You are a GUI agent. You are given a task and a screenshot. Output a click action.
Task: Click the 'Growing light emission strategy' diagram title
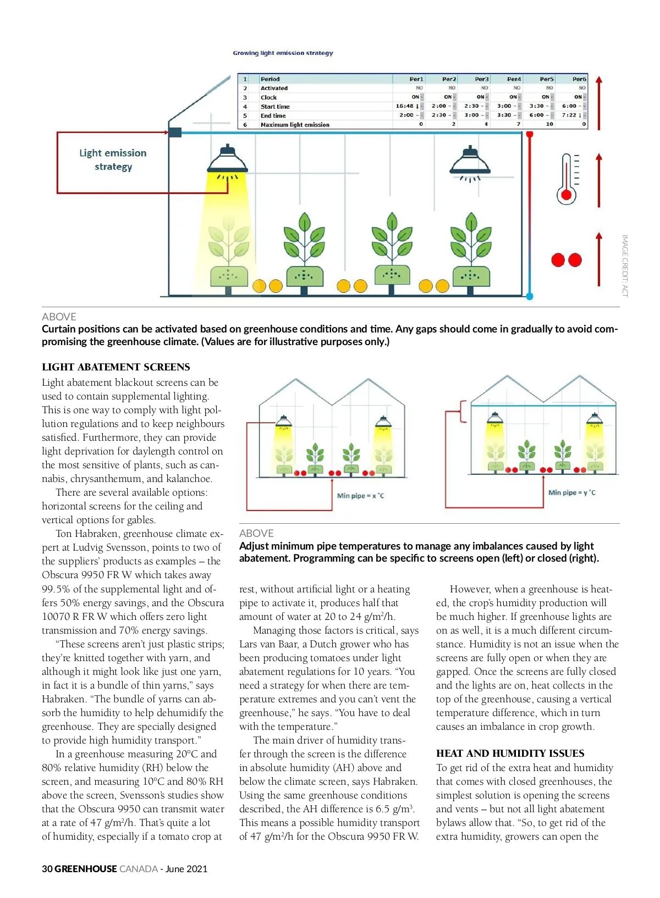283,53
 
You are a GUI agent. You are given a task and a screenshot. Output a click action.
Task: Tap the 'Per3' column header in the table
481,79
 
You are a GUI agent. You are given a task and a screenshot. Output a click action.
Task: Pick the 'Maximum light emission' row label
295,125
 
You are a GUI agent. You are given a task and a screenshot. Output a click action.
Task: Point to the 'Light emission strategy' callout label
113,159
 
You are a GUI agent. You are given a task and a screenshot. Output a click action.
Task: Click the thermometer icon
566,179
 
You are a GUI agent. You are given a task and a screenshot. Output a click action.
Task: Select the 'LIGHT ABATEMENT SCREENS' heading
116,367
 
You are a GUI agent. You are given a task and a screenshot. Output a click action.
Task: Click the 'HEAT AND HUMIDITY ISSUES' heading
510,753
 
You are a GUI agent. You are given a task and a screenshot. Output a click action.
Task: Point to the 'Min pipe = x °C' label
360,496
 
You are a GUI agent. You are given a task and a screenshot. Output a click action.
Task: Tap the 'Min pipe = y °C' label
571,492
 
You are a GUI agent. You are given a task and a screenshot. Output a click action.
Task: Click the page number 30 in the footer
47,869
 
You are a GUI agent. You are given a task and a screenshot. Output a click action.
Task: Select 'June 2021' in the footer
186,869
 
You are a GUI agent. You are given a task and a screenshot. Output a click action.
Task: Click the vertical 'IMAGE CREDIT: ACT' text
625,266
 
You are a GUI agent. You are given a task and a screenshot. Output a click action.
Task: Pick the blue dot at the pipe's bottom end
530,296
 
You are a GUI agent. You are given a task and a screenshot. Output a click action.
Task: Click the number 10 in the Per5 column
549,125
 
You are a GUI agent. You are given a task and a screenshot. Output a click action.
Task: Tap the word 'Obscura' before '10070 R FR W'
206,603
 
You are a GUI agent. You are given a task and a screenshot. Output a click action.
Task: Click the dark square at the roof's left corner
175,132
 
